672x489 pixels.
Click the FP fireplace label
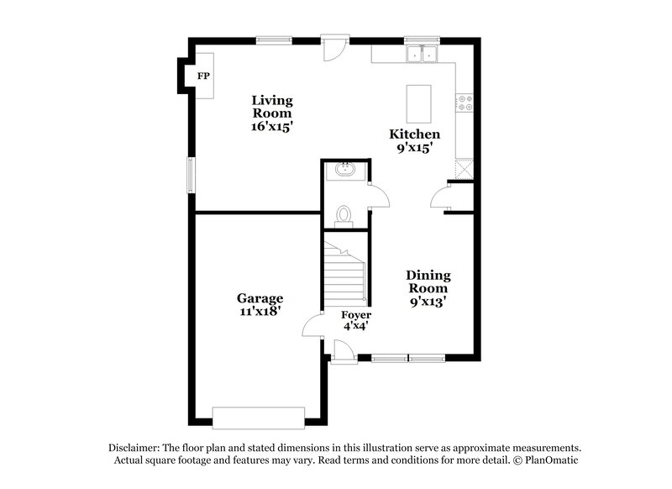click(x=202, y=76)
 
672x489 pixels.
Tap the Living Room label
click(x=272, y=107)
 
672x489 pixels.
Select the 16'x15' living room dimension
click(x=272, y=126)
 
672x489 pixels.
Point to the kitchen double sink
click(x=422, y=55)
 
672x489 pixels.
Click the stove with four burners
click(x=465, y=103)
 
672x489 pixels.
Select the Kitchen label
click(x=414, y=134)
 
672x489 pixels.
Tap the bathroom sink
click(x=344, y=170)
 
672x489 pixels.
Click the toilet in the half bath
click(x=343, y=216)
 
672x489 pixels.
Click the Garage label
click(x=260, y=298)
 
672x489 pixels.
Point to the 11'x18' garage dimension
click(x=260, y=311)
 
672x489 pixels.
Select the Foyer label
click(x=356, y=315)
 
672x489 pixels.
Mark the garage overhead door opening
click(x=258, y=417)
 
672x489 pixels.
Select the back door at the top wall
click(x=333, y=46)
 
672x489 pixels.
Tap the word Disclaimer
click(x=134, y=448)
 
